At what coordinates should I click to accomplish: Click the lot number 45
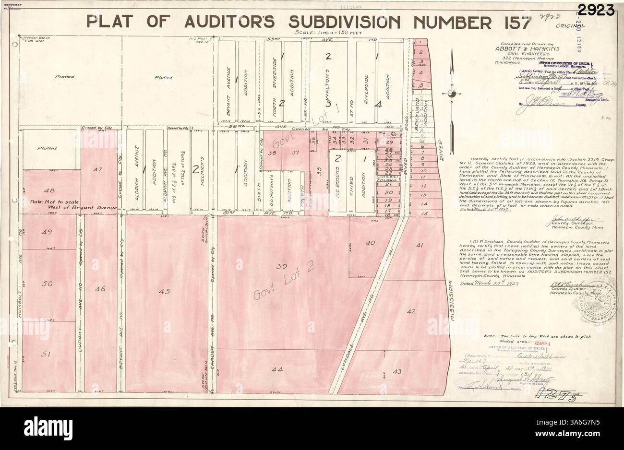[165, 291]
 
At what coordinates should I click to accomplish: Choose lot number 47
[98, 169]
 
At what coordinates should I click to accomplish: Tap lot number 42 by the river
[411, 311]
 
